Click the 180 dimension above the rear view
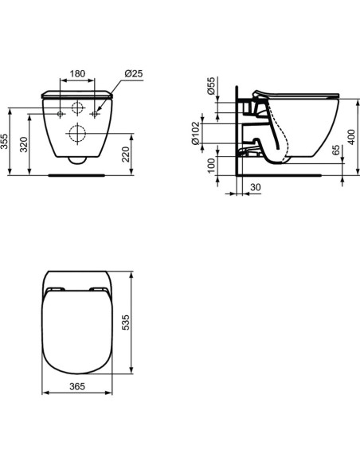click(77, 73)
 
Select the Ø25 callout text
click(133, 73)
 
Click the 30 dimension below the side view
click(256, 188)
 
